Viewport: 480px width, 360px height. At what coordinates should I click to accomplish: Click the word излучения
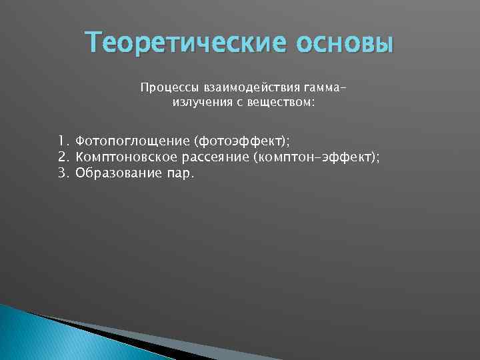point(200,102)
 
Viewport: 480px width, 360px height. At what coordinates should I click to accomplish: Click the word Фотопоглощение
point(132,141)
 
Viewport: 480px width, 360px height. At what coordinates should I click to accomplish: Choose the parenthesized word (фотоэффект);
point(242,141)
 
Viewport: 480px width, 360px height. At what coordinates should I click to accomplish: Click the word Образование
point(117,173)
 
